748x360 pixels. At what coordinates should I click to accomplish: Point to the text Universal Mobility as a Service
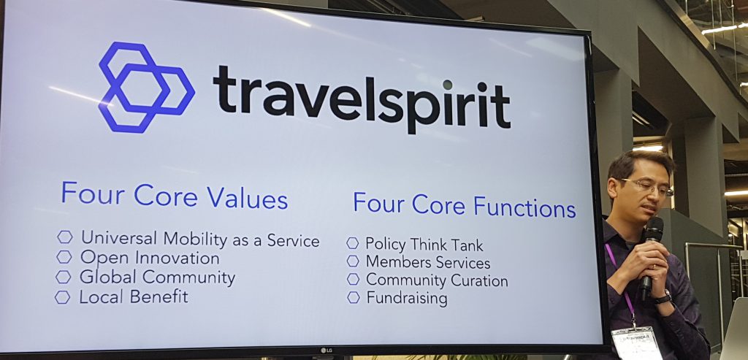click(x=199, y=240)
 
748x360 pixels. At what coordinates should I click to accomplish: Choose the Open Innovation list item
click(x=149, y=258)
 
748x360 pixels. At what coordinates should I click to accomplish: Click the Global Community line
click(x=157, y=277)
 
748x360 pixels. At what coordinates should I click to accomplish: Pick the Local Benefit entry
click(x=133, y=297)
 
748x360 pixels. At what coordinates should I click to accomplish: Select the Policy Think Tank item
click(x=424, y=245)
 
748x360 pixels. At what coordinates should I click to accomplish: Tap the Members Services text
click(x=427, y=262)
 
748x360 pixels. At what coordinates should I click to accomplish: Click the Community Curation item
click(x=436, y=280)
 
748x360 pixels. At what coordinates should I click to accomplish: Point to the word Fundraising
click(x=406, y=299)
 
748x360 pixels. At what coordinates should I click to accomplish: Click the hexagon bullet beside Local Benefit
click(x=63, y=297)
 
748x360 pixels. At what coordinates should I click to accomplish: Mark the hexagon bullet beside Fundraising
click(x=354, y=297)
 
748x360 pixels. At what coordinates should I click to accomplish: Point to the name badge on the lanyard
click(x=636, y=342)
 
